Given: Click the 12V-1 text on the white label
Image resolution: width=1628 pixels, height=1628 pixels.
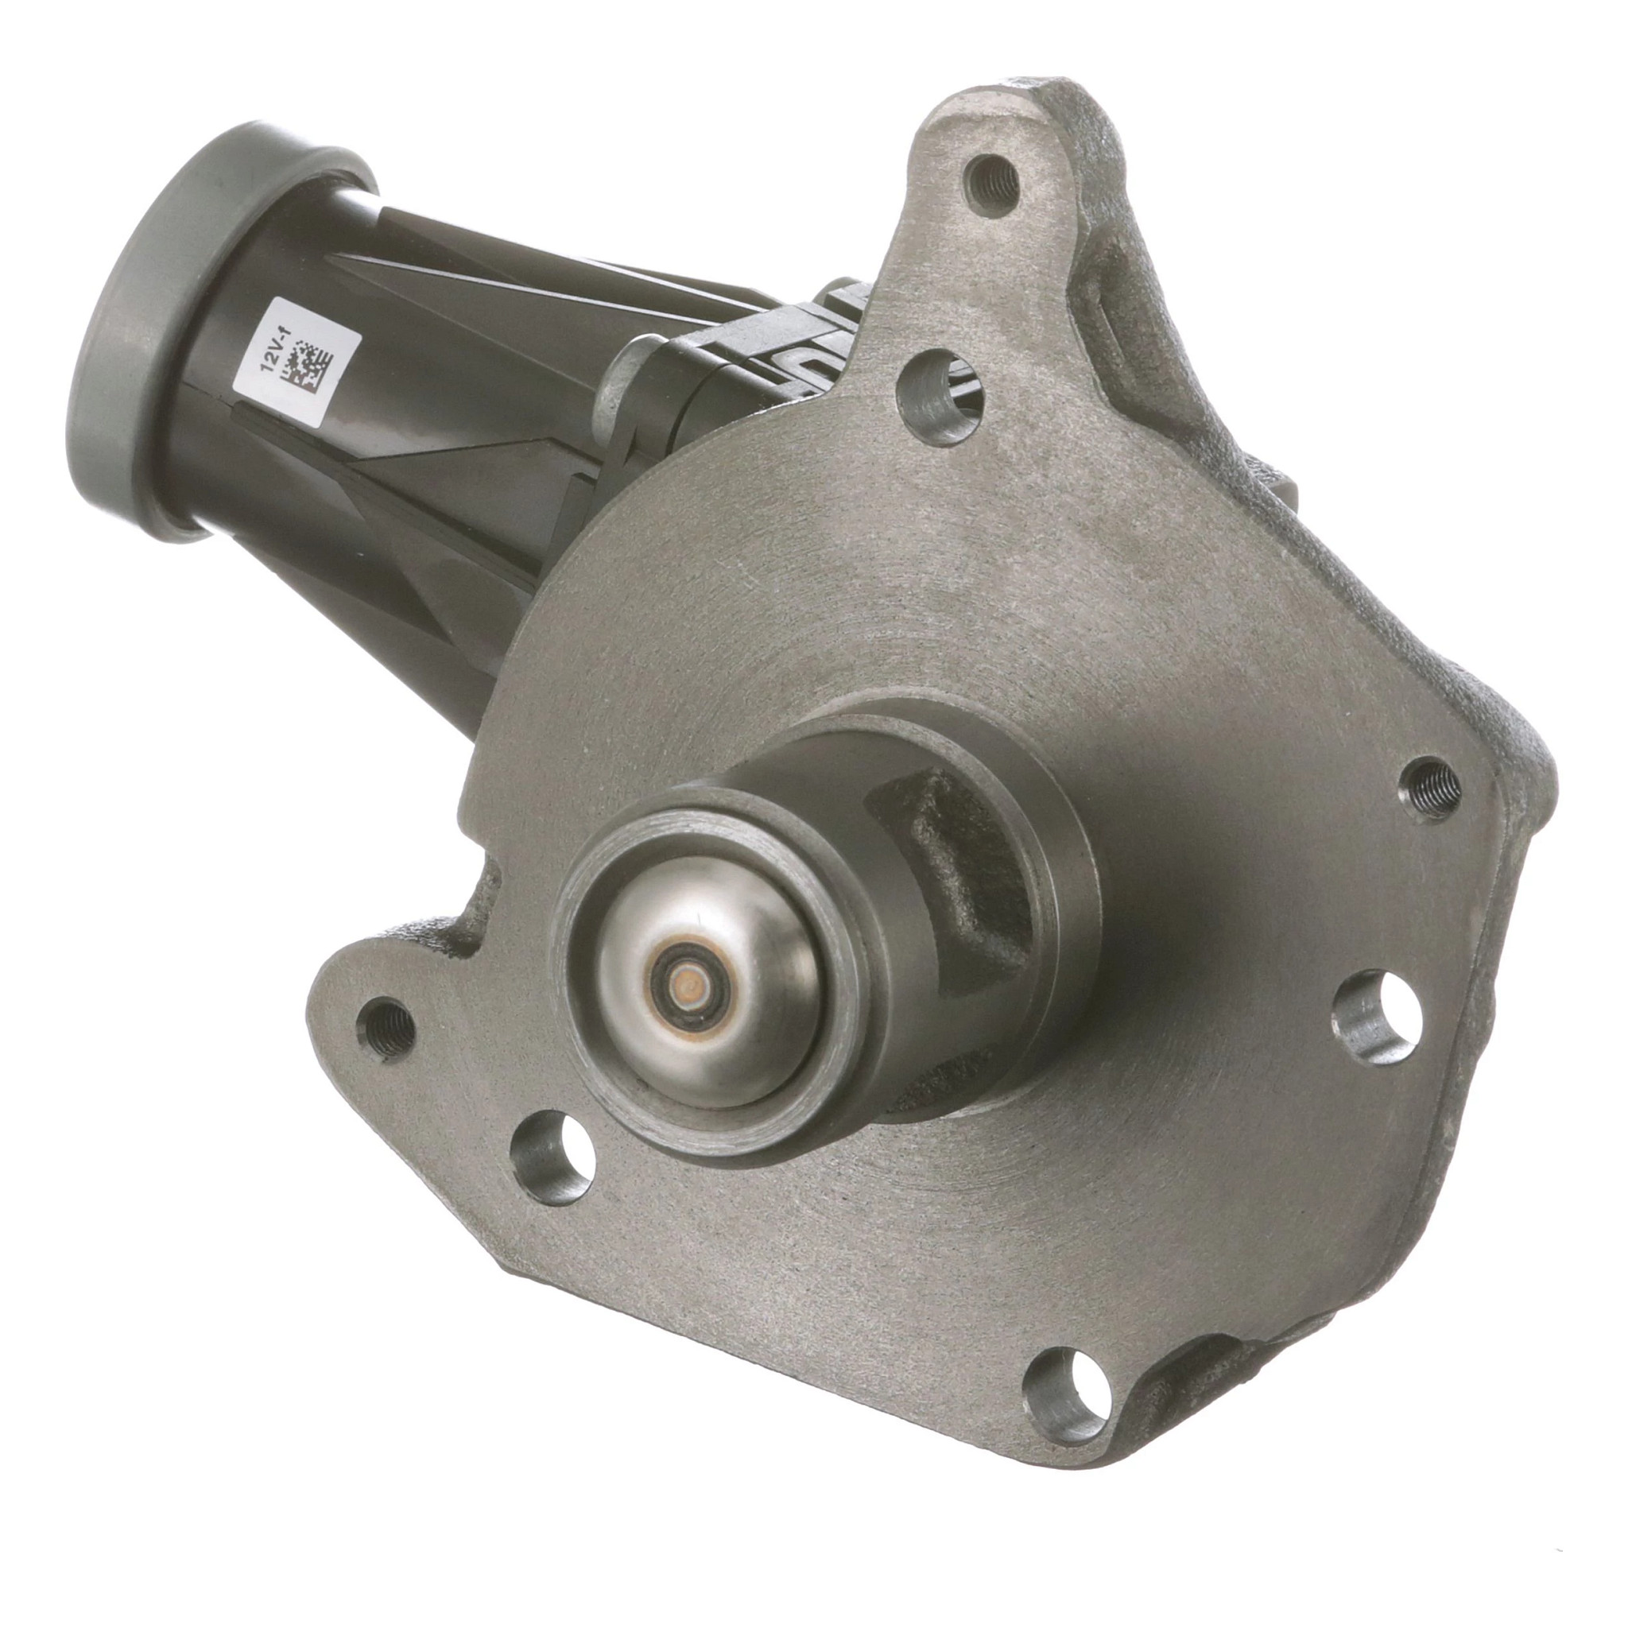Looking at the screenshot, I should (x=272, y=359).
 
